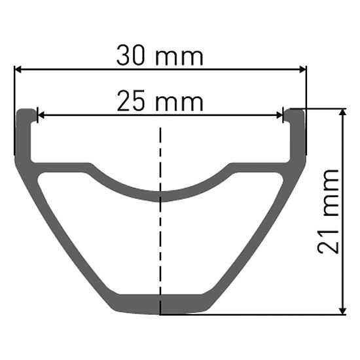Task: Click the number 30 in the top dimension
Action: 131,56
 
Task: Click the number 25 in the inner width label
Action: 131,101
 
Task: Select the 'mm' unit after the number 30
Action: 179,58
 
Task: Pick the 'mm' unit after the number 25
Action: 179,103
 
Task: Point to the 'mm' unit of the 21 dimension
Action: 331,192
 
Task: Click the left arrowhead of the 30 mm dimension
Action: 18,69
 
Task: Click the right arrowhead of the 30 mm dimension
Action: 302,69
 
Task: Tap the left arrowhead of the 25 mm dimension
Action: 41,115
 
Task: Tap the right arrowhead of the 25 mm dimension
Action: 279,115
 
